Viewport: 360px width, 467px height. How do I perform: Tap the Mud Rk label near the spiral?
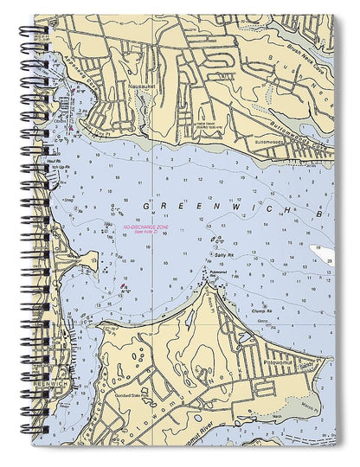coord(57,161)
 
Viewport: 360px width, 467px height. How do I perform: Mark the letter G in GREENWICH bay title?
coord(145,207)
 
